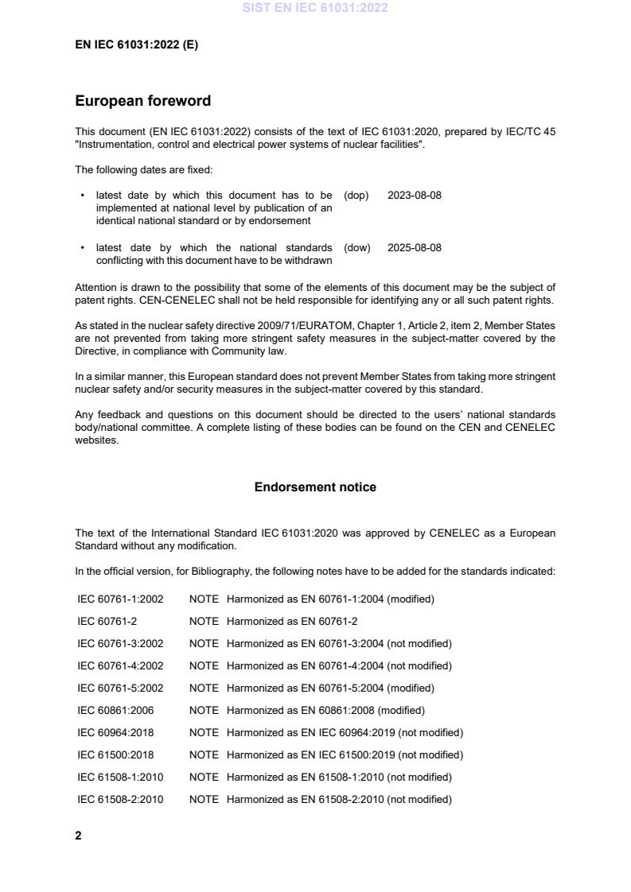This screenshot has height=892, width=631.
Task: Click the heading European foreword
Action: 142,101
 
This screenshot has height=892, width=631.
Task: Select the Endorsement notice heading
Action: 315,487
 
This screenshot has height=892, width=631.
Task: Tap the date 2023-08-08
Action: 414,196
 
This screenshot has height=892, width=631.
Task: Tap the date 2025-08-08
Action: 414,248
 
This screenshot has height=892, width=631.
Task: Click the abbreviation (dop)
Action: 356,196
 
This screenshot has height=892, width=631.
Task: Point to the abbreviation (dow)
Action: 357,248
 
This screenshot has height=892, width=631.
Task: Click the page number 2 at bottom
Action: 78,836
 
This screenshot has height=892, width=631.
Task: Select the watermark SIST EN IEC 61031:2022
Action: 315,9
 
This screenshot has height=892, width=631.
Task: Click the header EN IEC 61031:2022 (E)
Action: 136,45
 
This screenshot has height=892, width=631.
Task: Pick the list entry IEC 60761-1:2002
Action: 119,599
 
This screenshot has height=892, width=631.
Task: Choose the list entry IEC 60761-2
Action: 107,622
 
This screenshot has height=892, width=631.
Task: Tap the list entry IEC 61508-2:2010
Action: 119,800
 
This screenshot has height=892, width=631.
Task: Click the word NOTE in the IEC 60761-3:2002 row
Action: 204,644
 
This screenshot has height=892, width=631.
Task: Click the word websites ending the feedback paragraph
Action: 96,441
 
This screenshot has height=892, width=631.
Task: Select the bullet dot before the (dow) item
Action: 83,248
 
